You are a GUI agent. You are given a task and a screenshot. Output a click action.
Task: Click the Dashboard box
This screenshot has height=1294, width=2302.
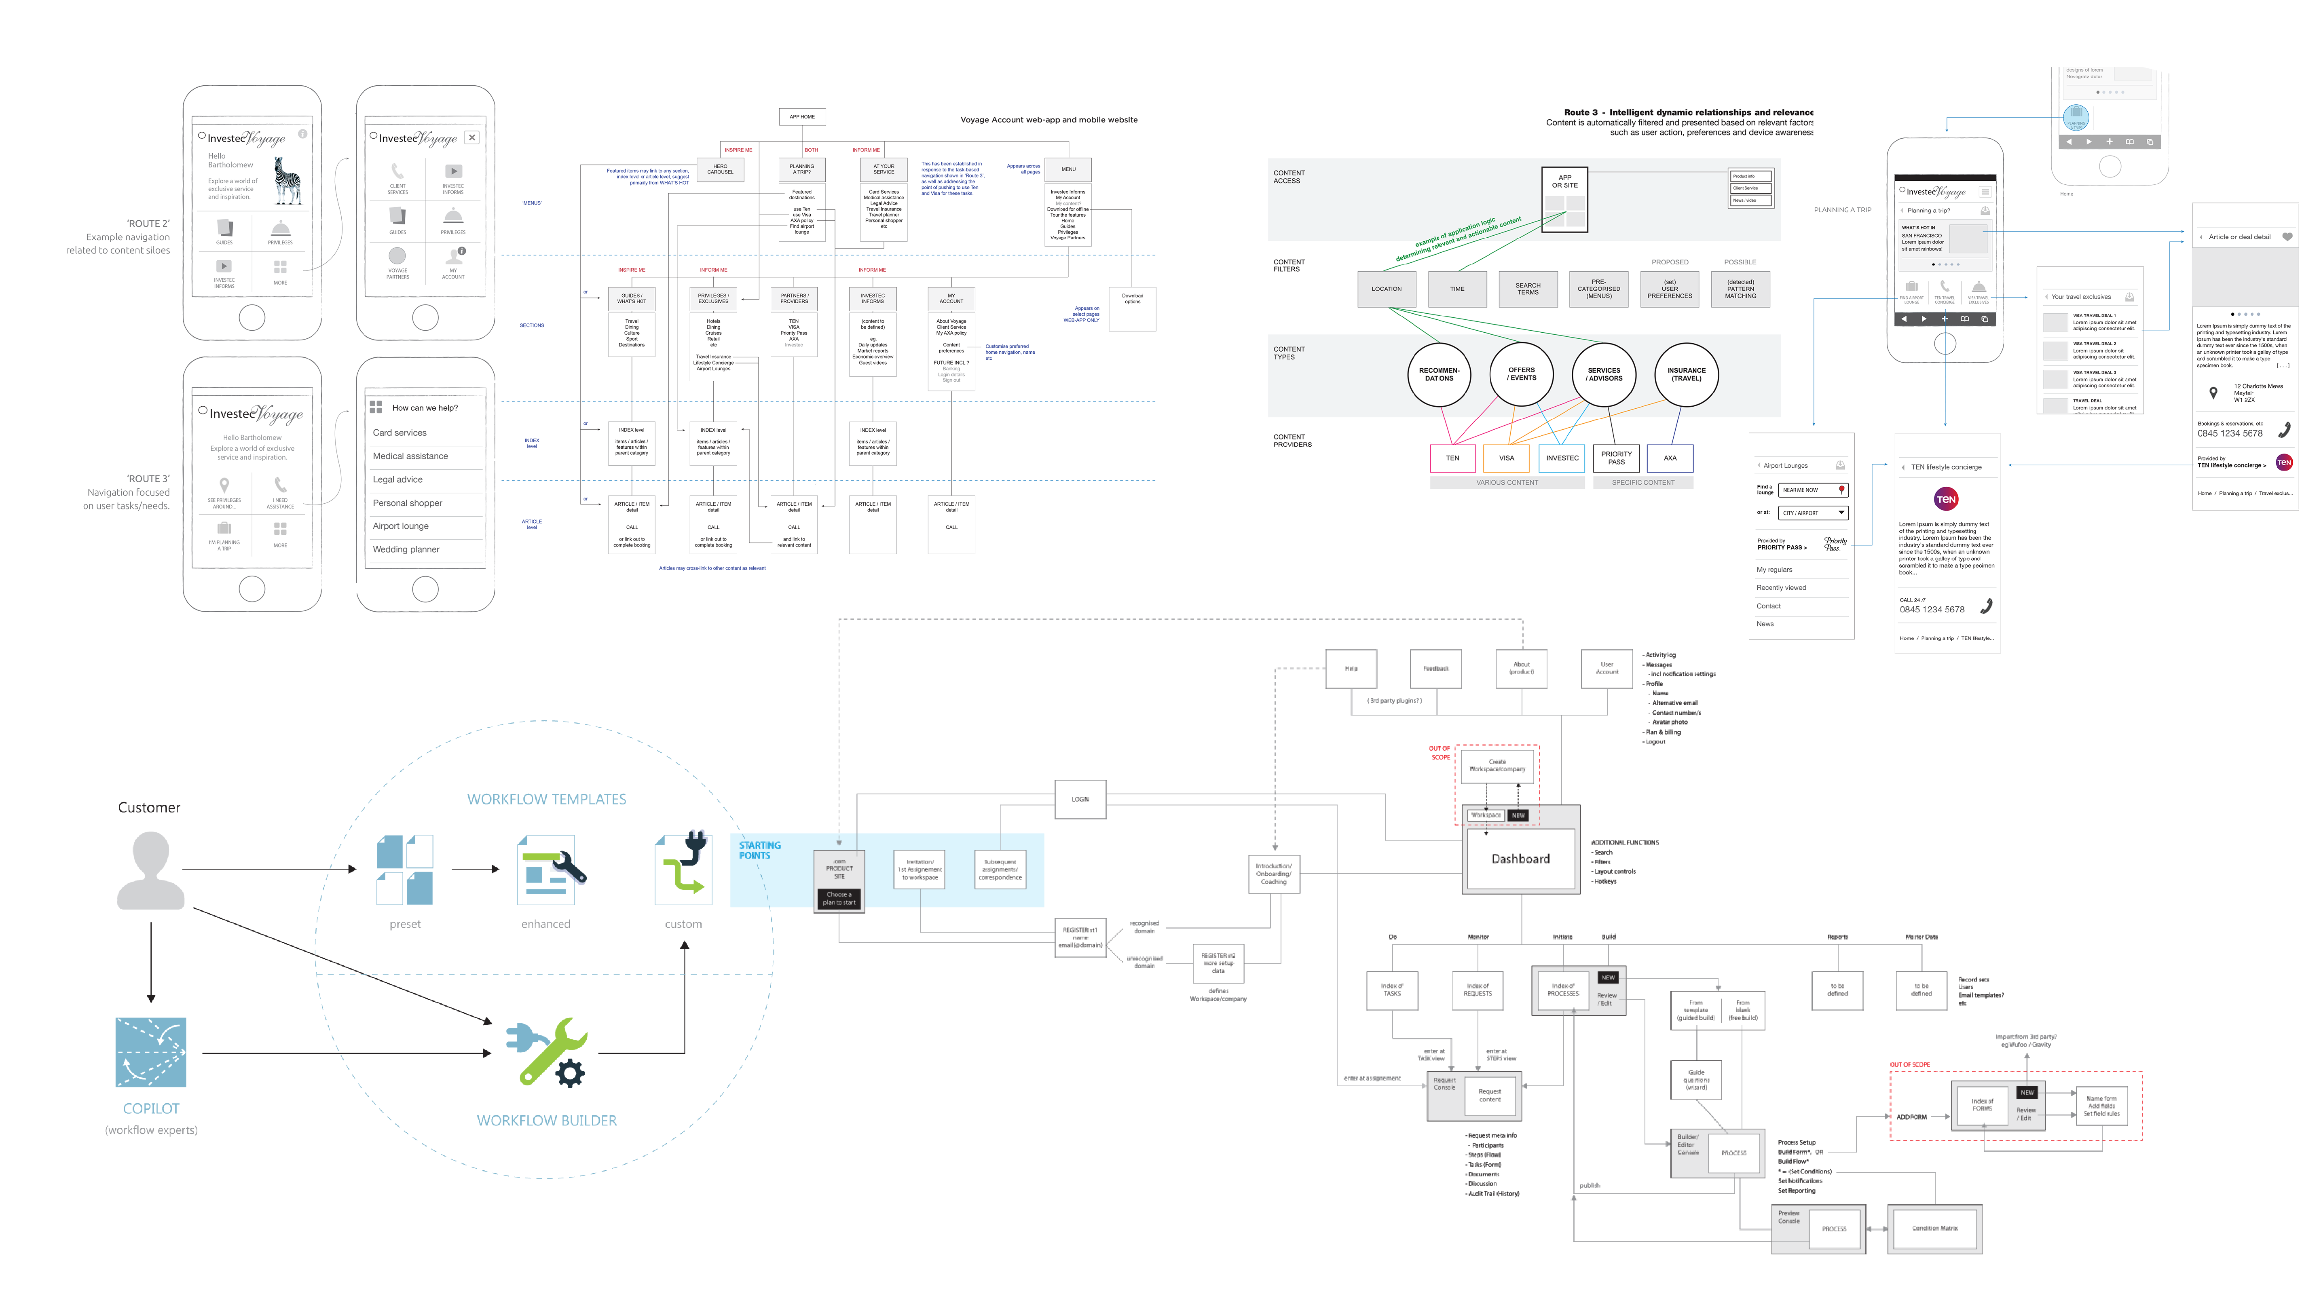tap(1520, 859)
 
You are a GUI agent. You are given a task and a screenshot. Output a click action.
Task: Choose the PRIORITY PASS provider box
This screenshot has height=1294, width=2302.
tap(1616, 458)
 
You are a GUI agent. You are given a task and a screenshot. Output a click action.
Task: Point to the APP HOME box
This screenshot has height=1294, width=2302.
tap(801, 116)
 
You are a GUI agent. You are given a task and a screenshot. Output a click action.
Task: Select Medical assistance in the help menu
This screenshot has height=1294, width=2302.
tap(410, 456)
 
